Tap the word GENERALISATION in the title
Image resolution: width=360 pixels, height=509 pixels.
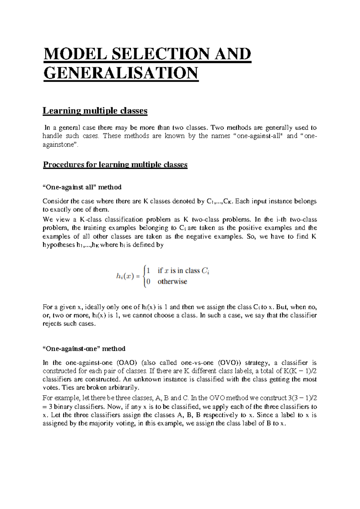coord(121,73)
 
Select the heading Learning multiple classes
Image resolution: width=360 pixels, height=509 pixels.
coord(95,111)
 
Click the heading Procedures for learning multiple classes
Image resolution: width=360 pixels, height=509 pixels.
coord(115,165)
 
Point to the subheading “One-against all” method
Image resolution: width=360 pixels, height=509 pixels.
coord(82,187)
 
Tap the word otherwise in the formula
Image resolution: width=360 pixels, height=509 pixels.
coord(172,282)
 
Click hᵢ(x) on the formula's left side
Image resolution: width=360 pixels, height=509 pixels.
coord(124,277)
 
